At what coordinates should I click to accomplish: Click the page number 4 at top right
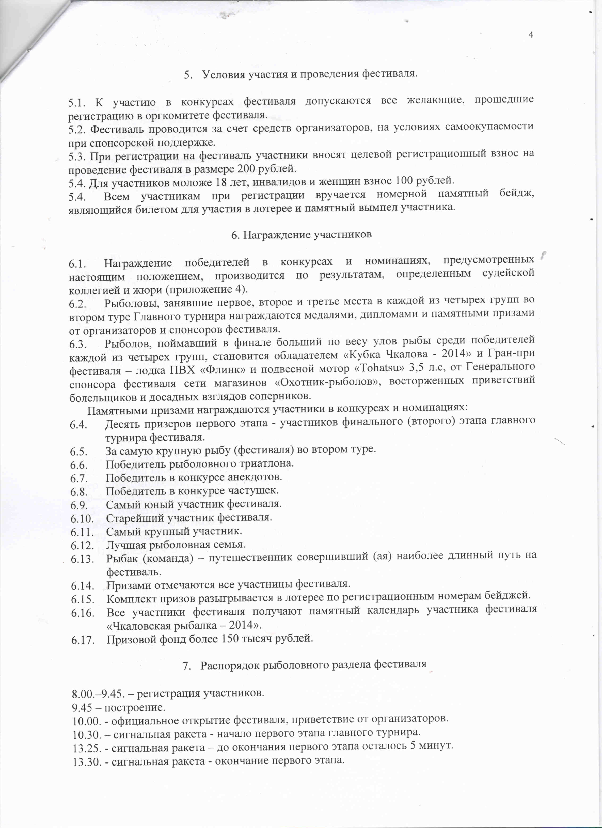[x=531, y=35]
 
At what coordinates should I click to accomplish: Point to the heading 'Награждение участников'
[x=301, y=235]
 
